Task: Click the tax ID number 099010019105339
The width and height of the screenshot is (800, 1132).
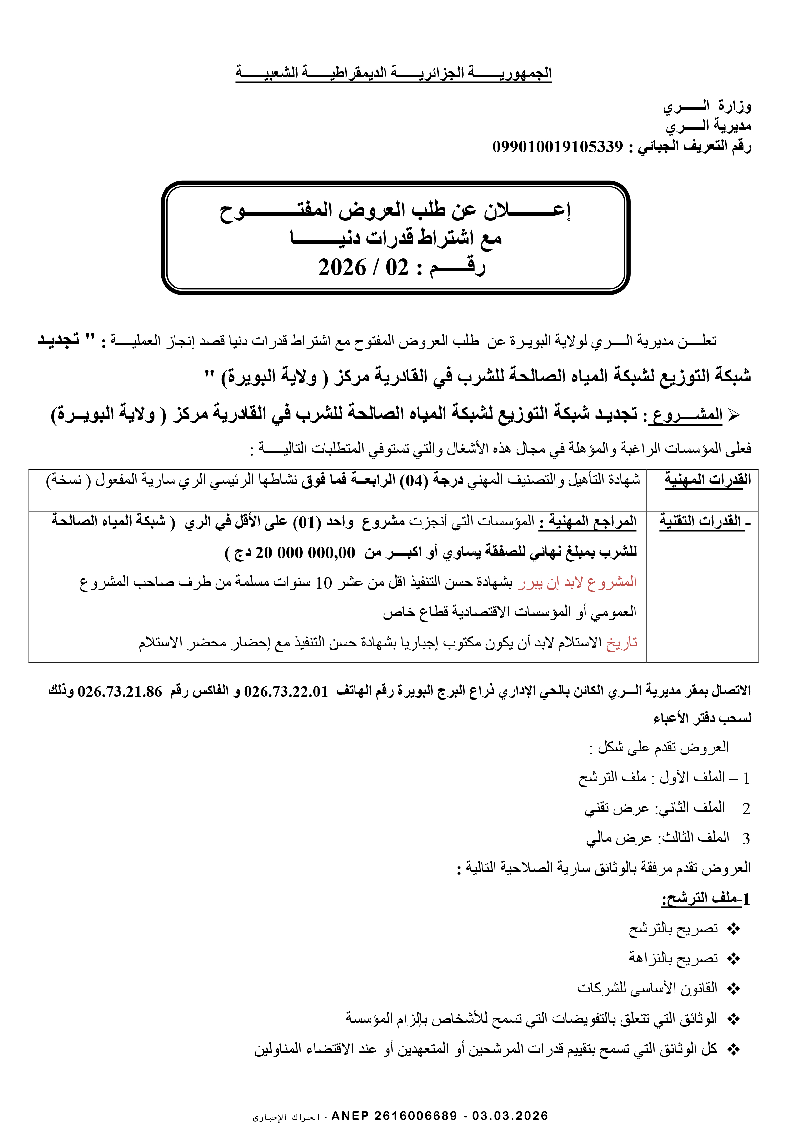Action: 557,147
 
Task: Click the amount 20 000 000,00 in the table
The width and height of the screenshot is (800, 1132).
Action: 305,553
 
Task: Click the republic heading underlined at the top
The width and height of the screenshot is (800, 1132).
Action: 393,73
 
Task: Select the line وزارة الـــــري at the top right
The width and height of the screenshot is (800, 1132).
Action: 706,106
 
